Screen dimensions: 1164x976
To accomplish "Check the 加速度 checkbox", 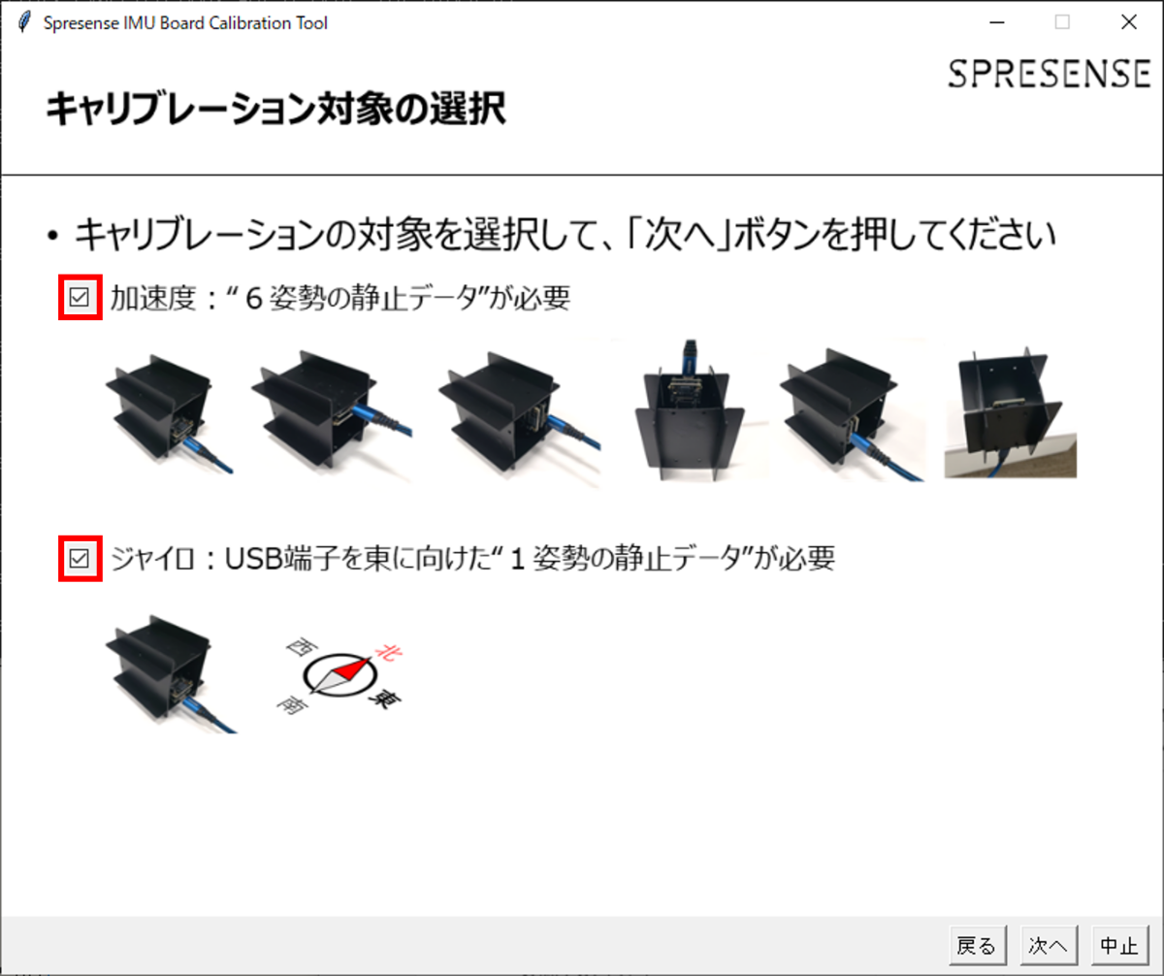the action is tap(80, 297).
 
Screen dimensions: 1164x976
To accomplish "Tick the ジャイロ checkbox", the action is tap(80, 558).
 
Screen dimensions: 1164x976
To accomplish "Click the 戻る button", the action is tap(977, 945).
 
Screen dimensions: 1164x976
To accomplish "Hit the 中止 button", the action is tap(1119, 945).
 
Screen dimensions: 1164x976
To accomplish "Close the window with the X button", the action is tap(1129, 22).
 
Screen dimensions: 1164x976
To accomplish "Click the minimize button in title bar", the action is tap(997, 22).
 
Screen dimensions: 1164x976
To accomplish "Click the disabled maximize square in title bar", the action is tap(1062, 22).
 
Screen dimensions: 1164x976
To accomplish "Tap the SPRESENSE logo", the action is tap(1050, 74).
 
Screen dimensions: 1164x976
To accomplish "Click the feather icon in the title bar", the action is tap(24, 22).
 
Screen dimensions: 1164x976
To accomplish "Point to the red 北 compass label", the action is tap(389, 651).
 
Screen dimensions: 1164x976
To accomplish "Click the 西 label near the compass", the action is tap(302, 646).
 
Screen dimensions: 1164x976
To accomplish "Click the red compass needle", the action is tap(352, 668).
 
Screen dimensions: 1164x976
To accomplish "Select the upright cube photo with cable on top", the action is tap(690, 410).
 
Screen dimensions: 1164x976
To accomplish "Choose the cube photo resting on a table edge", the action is tap(1010, 411).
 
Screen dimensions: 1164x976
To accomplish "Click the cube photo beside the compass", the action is tap(169, 673).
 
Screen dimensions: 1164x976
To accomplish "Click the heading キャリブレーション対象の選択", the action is tap(276, 109).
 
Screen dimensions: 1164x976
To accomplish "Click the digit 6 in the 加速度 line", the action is tap(253, 299).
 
